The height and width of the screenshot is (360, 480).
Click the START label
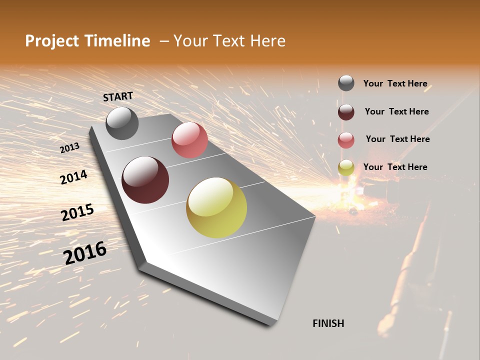click(118, 96)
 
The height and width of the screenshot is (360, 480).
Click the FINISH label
click(328, 323)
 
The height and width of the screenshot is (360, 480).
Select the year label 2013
click(69, 148)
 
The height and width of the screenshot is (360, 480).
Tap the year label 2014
click(73, 177)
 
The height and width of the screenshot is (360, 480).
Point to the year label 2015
click(77, 212)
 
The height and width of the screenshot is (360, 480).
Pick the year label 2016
click(85, 252)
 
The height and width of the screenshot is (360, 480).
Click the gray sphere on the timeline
click(122, 123)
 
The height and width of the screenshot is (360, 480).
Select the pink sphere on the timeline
click(189, 140)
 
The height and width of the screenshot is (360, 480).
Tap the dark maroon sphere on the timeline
click(145, 180)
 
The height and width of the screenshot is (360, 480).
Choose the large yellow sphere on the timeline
click(216, 207)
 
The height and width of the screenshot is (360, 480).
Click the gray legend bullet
click(346, 83)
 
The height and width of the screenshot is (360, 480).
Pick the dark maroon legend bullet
click(346, 112)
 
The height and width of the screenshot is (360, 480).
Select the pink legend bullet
click(346, 140)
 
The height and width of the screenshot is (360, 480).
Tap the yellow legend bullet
click(346, 167)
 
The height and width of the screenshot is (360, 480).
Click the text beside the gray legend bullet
click(395, 83)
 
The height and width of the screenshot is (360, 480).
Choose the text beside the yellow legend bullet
click(395, 167)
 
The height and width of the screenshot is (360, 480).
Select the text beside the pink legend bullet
click(397, 139)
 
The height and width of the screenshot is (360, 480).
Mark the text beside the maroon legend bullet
click(396, 111)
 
